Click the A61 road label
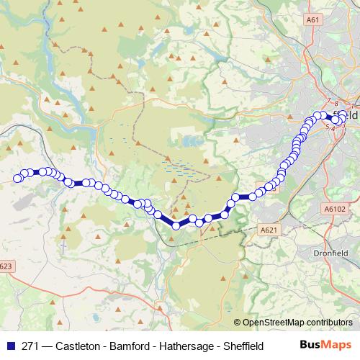tap(311, 21)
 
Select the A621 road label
tap(268, 230)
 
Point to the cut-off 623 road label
tap(6, 266)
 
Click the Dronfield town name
tap(330, 253)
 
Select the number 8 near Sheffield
tap(336, 104)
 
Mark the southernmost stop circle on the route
tap(176, 225)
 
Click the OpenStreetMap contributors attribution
tap(297, 323)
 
